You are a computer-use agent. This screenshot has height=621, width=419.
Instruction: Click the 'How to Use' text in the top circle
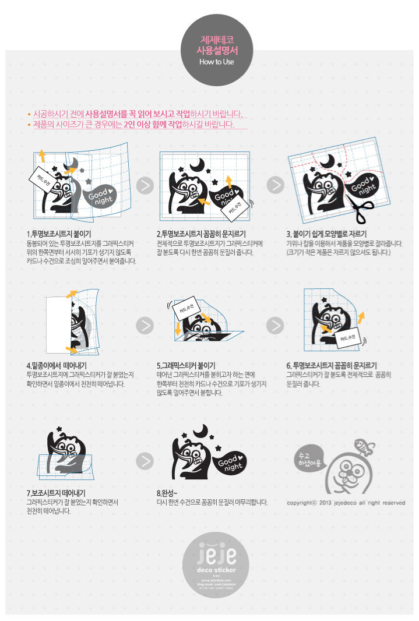[216, 61]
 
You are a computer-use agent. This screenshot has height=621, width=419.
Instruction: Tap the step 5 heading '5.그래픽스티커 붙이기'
[186, 366]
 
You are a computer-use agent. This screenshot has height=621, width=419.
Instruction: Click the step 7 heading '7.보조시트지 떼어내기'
[56, 493]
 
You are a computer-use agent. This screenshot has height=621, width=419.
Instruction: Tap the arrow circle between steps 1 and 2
[145, 185]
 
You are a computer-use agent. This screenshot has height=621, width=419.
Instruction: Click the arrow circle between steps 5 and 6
[275, 325]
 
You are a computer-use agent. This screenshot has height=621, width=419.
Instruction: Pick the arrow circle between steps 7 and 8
[145, 461]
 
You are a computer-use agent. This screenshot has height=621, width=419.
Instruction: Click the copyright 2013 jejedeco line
[345, 503]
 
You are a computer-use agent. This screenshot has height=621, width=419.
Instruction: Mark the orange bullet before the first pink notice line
[29, 114]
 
